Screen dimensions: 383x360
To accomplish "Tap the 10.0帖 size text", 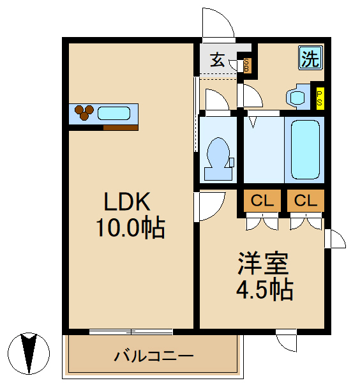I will point(130,227).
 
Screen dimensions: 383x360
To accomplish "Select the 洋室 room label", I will point(264,263).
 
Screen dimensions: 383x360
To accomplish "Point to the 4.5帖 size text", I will point(264,290).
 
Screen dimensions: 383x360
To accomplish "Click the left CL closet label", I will point(262,201).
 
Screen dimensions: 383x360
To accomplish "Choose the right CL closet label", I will point(305,201).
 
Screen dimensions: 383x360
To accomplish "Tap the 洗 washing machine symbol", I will point(310,59).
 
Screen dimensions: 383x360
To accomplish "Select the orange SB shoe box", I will point(248,64).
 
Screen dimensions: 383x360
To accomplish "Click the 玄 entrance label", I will point(218,61).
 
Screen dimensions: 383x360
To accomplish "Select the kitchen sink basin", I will point(114,114).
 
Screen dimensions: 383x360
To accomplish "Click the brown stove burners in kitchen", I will point(84,112).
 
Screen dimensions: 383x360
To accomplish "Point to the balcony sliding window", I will point(131,331).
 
